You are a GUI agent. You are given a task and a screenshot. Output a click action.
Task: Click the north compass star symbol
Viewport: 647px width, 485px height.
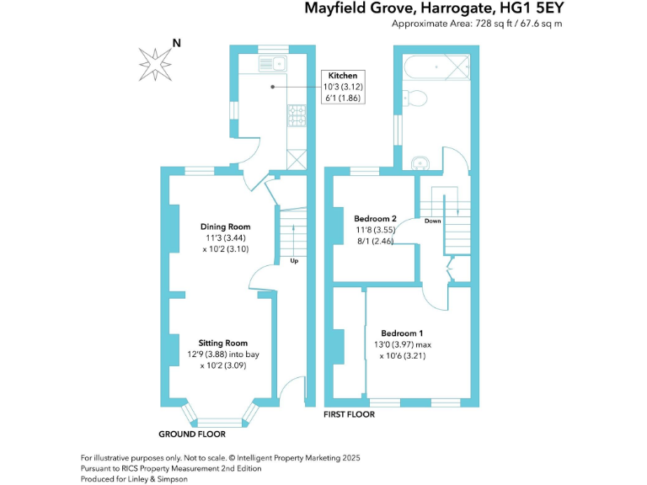(x=154, y=61)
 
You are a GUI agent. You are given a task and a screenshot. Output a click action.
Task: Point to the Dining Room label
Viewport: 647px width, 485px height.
(x=225, y=227)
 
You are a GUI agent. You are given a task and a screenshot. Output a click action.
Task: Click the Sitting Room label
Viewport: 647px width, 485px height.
(x=222, y=343)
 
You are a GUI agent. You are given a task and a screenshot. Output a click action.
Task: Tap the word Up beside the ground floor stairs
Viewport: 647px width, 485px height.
(x=294, y=260)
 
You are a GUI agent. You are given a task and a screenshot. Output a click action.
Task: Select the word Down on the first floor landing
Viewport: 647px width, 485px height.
(x=432, y=221)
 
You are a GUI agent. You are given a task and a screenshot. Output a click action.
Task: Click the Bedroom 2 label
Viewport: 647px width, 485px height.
(x=377, y=218)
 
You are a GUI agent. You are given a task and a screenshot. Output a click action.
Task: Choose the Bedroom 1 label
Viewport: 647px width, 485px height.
(x=402, y=332)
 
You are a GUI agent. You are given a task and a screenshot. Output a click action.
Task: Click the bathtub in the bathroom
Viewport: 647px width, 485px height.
(x=435, y=65)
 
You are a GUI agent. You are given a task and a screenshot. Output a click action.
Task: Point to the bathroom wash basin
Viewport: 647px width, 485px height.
(x=420, y=163)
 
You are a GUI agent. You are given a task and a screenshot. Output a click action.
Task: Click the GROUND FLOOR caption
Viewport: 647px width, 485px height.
(x=192, y=434)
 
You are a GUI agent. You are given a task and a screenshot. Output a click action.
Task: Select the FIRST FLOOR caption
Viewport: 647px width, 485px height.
(x=350, y=414)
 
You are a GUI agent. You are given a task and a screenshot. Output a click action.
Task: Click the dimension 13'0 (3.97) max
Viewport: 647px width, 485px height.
(x=402, y=344)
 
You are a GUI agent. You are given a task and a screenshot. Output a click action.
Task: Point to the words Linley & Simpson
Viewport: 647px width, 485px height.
(x=163, y=478)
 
